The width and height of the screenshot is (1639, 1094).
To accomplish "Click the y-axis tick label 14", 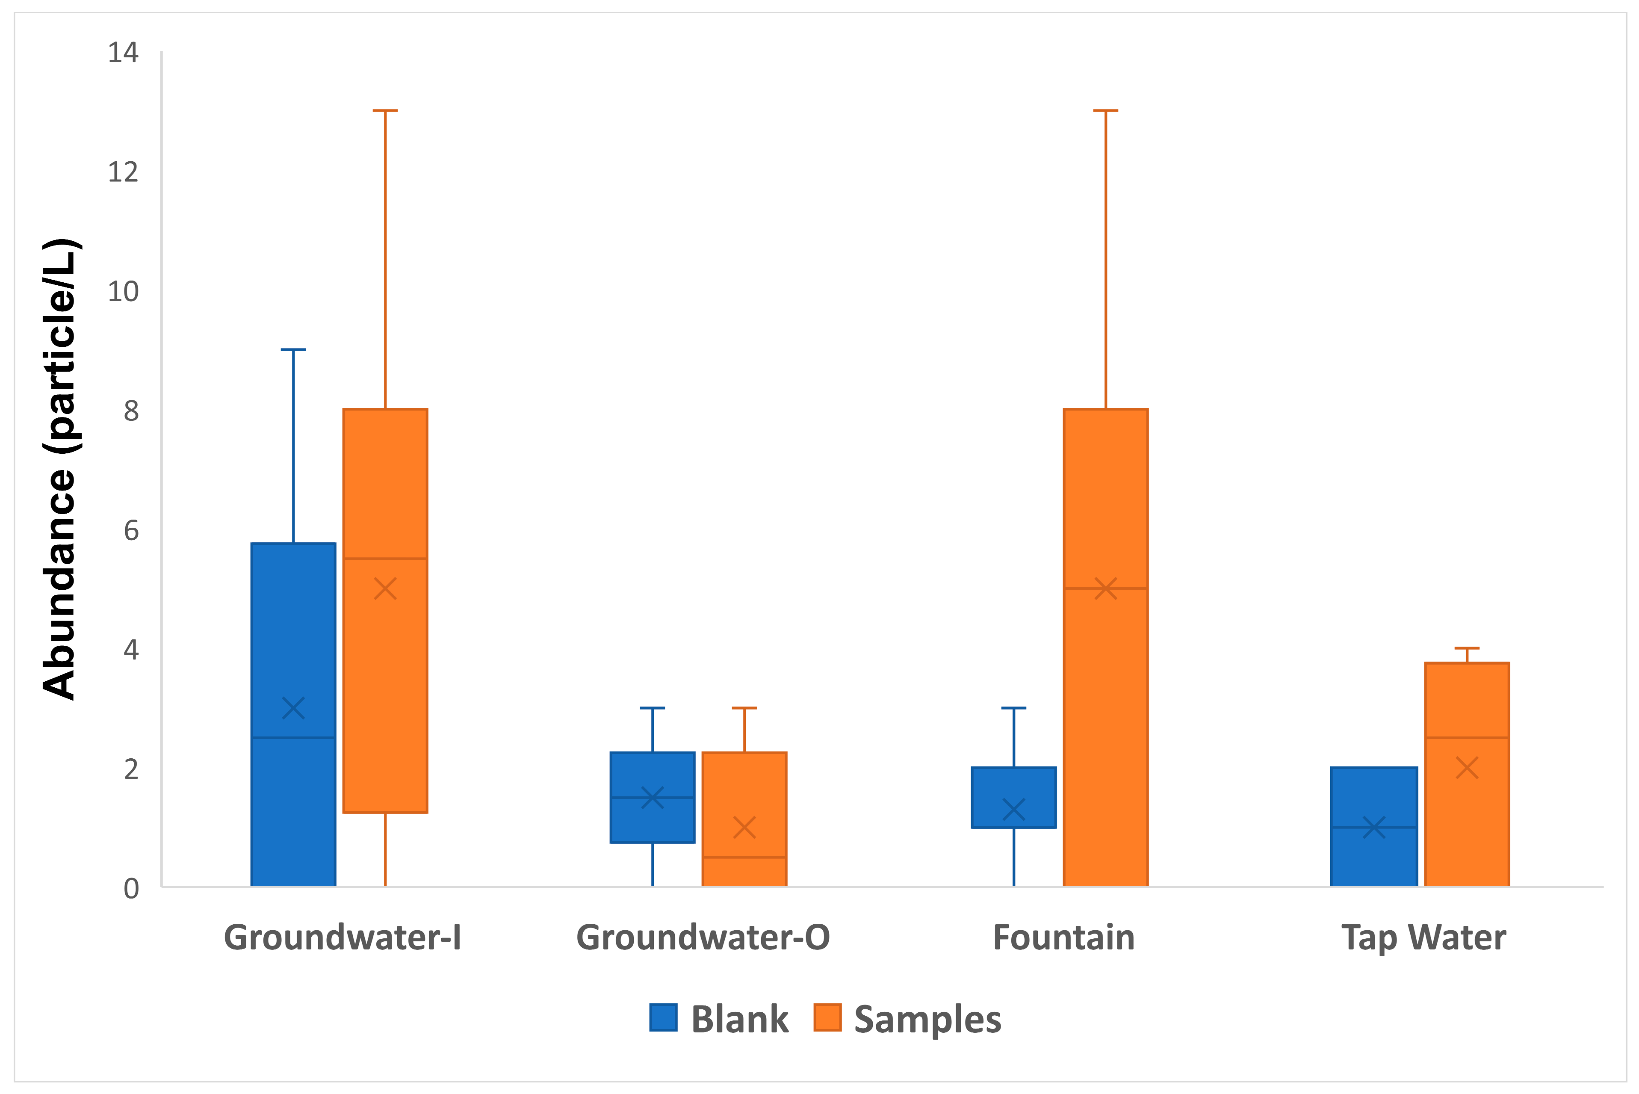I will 123,53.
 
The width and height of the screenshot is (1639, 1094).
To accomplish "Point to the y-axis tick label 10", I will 123,292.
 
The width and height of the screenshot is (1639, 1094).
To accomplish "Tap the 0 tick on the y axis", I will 131,889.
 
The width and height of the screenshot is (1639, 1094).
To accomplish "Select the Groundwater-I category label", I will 343,937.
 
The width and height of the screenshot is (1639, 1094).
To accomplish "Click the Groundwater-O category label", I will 703,937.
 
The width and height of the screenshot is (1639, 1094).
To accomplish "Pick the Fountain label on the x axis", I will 1063,937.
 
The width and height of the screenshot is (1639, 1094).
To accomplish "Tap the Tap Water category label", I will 1423,937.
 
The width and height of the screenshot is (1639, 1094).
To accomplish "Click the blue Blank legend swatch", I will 663,1018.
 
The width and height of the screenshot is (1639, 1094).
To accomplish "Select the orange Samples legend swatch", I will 827,1018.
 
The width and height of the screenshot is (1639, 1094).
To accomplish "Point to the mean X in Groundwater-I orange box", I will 385,588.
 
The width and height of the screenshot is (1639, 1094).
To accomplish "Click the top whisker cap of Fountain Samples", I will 1105,110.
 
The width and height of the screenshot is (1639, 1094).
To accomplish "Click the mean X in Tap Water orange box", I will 1467,768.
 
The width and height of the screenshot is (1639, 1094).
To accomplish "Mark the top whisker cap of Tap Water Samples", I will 1467,648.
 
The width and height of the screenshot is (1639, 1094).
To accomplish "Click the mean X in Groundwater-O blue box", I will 652,798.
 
